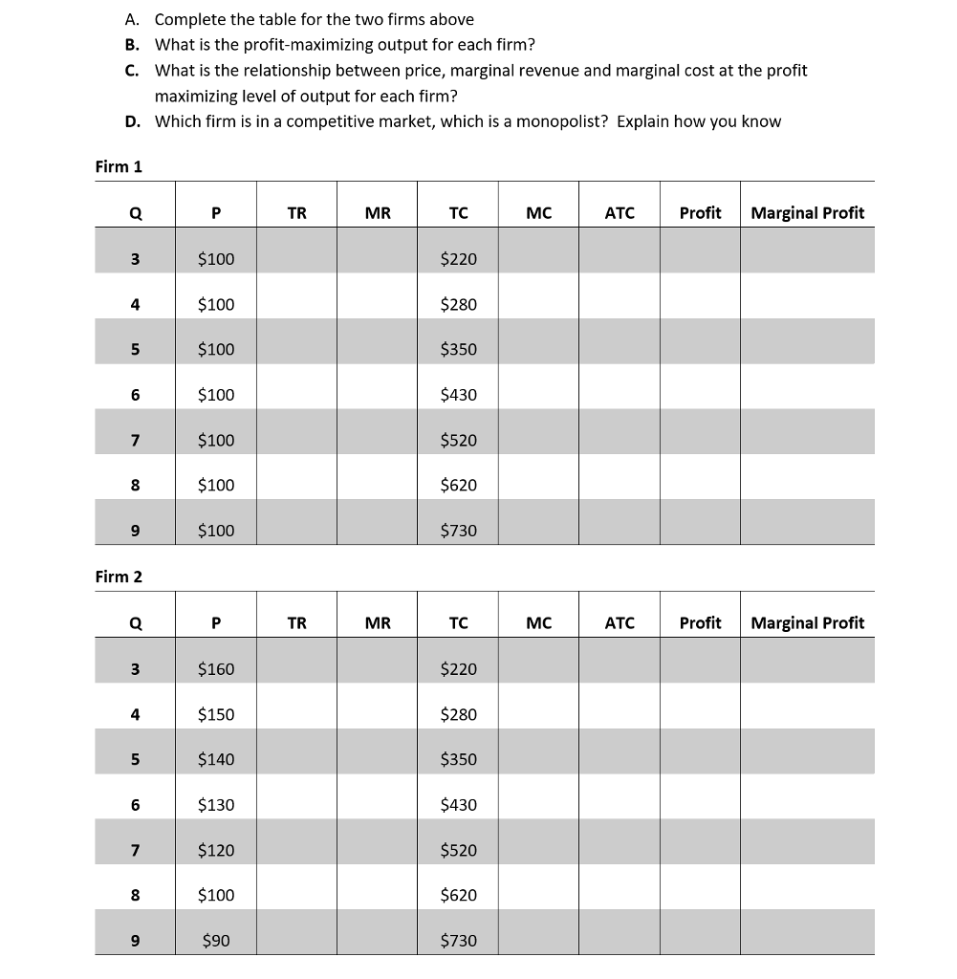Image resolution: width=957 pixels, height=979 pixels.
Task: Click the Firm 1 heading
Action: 119,166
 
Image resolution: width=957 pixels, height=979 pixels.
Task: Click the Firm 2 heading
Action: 119,577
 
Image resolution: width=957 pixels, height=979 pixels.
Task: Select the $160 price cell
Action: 215,669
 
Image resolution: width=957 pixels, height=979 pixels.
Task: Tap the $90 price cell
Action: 216,941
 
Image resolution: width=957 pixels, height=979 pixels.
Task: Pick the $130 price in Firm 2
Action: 215,805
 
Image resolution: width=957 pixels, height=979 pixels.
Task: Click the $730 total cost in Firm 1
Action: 458,531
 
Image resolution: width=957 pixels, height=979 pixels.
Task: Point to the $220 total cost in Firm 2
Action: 458,669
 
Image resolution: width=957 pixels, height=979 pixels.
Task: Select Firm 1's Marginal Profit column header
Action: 807,213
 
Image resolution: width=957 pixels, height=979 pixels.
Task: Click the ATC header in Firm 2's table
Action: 620,623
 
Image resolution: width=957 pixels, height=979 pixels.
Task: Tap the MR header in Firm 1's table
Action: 378,213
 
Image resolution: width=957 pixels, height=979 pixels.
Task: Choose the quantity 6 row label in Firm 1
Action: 135,395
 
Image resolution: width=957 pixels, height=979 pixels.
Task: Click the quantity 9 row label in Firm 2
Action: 135,941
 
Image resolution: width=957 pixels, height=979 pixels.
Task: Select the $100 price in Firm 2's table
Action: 215,896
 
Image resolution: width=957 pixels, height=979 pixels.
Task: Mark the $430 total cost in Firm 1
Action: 458,395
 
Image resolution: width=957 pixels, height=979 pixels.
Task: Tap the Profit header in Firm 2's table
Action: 700,623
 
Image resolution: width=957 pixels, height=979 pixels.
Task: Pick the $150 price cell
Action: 215,715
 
